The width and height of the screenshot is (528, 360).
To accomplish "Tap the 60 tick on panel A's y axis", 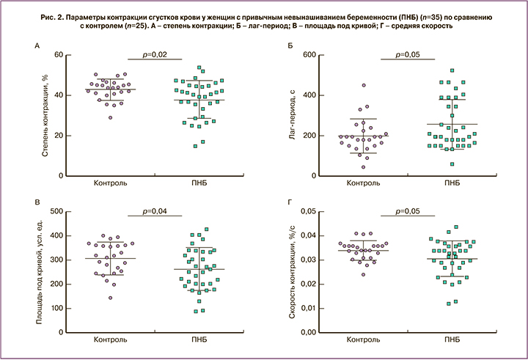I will point(55,55).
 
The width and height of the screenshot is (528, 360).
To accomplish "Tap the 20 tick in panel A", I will point(55,136).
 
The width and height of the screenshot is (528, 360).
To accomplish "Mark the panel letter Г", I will point(291,202).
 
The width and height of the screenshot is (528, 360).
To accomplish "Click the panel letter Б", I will point(291,46).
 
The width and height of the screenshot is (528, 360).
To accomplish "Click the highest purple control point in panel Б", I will point(342,86).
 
